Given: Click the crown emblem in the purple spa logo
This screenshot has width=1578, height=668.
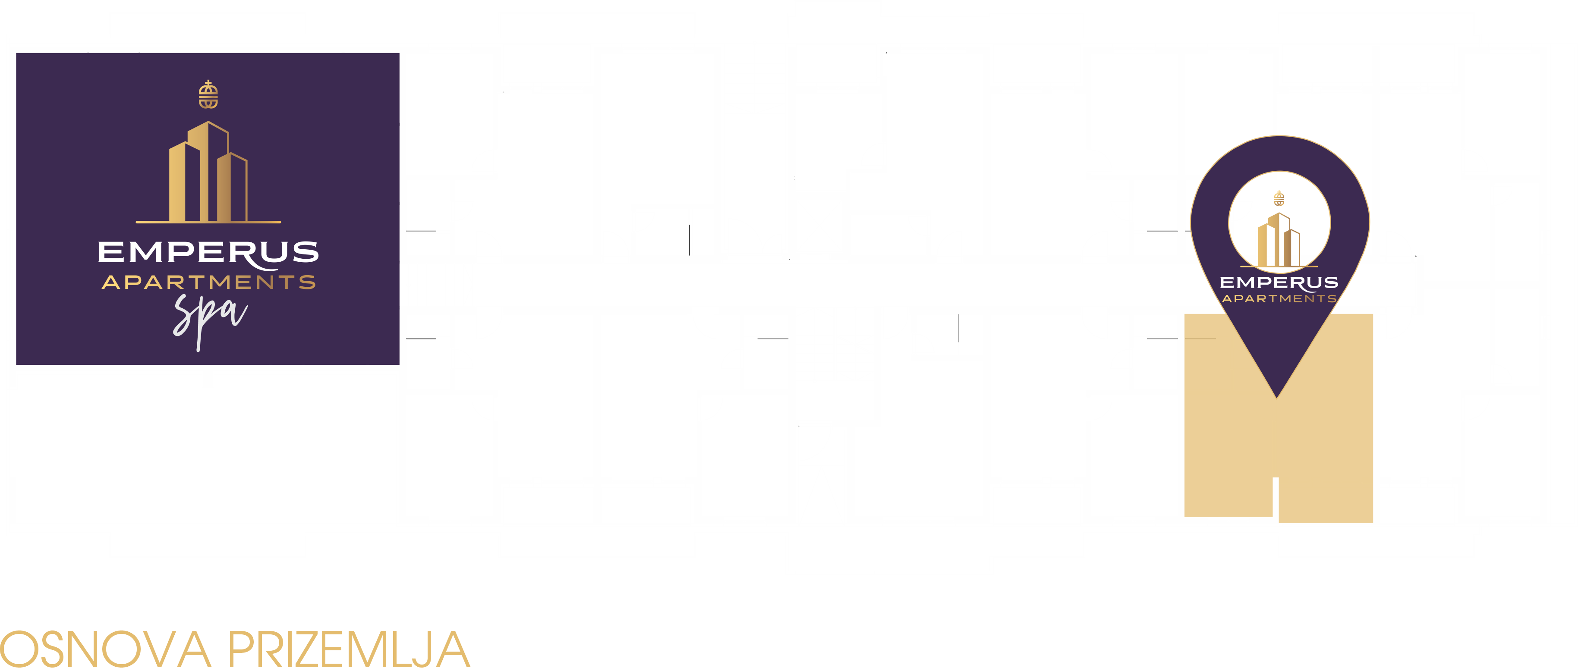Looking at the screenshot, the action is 208,94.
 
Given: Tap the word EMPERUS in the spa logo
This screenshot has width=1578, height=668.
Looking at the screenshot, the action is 208,253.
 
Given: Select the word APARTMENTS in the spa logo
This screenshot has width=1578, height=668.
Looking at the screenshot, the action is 209,282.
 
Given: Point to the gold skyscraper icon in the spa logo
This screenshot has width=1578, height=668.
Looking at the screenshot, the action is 208,172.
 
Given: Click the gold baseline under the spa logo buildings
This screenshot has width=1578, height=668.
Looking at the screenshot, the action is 208,222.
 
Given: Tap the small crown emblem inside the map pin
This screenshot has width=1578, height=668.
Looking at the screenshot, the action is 1279,198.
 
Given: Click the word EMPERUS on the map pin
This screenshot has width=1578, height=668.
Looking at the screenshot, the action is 1279,283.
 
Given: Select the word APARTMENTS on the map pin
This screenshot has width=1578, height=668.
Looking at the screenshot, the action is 1279,299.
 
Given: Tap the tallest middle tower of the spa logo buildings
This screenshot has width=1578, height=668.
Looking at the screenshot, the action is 208,172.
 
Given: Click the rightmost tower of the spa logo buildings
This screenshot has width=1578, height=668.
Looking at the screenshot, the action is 232,187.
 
